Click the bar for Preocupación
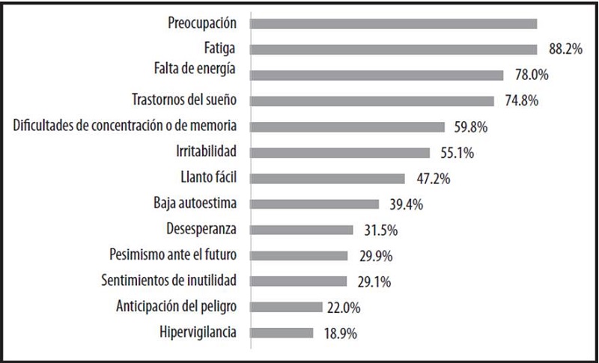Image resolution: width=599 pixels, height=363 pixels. click(x=393, y=23)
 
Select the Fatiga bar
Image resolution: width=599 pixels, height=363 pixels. click(x=393, y=49)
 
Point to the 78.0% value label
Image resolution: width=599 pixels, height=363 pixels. click(x=529, y=75)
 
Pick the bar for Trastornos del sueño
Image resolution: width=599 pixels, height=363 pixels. click(x=371, y=101)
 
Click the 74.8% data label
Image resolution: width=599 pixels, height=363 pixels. click(x=520, y=101)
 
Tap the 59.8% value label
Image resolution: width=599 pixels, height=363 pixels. click(x=469, y=127)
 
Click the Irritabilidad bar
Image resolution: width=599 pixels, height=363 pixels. click(x=340, y=153)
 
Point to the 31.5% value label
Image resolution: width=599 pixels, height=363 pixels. click(x=377, y=230)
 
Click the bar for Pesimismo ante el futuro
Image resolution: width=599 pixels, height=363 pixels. click(x=299, y=255)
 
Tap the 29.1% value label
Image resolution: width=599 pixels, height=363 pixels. click(x=371, y=281)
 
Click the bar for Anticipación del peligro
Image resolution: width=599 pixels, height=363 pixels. click(x=285, y=306)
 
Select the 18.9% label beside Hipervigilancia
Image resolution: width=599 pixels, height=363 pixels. click(x=338, y=332)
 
